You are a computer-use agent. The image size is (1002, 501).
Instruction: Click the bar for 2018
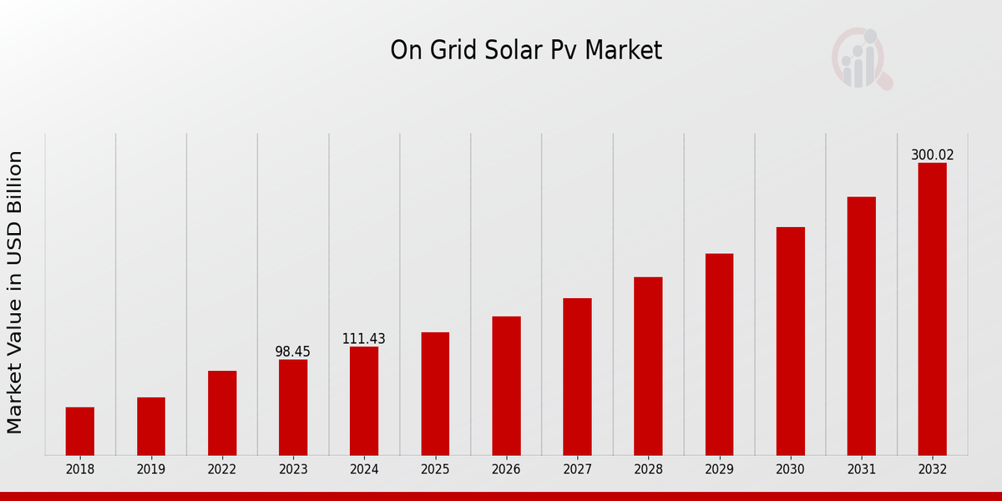coord(80,431)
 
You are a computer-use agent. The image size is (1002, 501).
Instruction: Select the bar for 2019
coord(151,426)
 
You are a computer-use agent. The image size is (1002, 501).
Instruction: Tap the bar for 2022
coord(222,412)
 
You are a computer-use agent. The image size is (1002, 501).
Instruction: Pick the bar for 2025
coord(435,393)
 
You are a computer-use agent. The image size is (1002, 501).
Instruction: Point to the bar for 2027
coord(577,376)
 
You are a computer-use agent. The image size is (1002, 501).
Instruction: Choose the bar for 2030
coord(791,341)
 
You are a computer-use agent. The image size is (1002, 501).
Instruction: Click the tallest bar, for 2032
coord(932,309)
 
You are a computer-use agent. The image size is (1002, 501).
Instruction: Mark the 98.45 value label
coord(293,352)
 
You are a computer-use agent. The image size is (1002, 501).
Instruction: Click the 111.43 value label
coord(364,339)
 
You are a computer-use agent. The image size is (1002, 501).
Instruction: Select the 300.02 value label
coord(932,155)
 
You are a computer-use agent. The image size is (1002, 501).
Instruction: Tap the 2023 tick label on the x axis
coord(293,470)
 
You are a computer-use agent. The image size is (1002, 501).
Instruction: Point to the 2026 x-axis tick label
coord(506,470)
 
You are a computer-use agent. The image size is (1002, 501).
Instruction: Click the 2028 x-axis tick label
coord(648,470)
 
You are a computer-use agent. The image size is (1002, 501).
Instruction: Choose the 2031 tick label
coord(862,470)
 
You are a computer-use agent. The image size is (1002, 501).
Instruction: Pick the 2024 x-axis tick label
coord(364,470)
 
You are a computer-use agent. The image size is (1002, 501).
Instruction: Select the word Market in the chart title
coord(623,51)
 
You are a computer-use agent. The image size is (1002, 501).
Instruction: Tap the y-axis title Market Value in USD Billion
coord(15,292)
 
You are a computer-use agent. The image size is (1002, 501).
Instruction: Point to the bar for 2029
coord(719,354)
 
